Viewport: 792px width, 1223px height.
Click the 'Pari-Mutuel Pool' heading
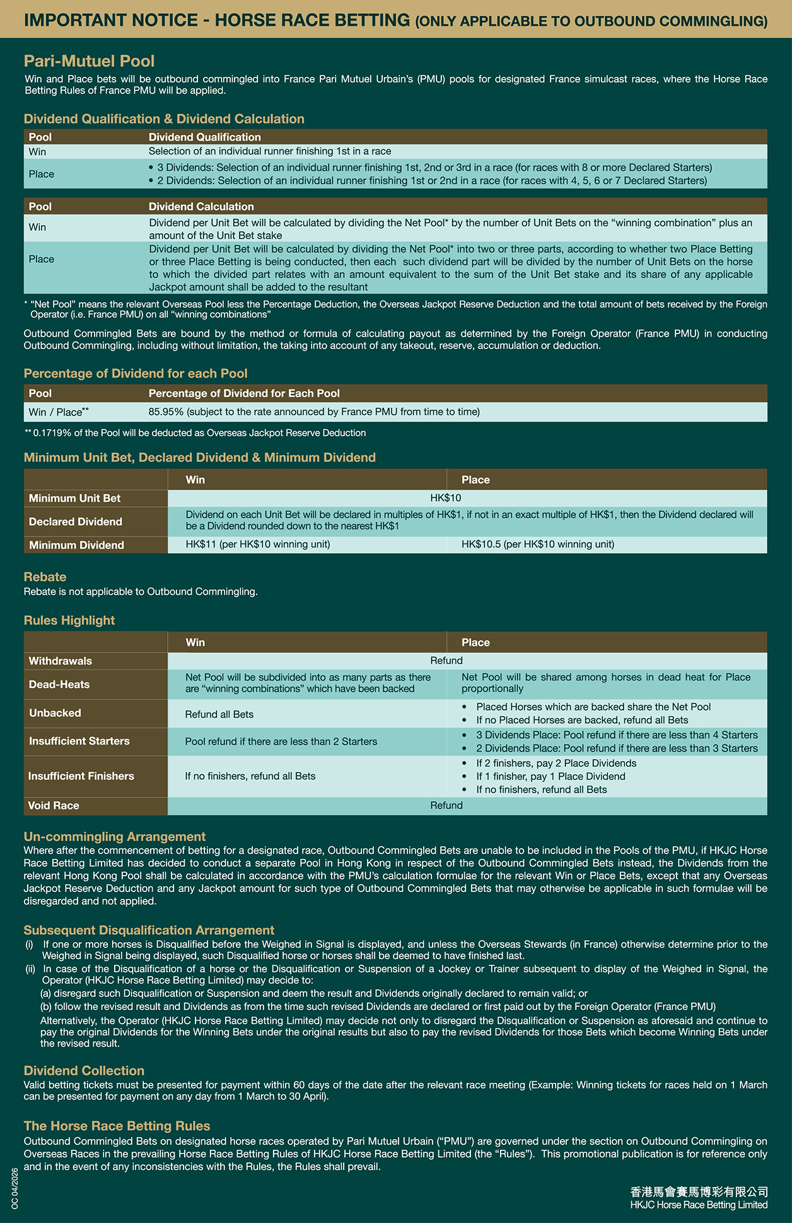tap(89, 61)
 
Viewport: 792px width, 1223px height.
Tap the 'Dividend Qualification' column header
tap(204, 137)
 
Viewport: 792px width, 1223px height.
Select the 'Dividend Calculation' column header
tap(201, 206)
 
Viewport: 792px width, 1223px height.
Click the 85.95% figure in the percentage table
tap(166, 412)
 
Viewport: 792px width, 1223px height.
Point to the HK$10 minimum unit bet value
tap(446, 498)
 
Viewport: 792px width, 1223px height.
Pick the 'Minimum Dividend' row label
tap(76, 545)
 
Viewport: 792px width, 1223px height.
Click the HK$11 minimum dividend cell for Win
tap(257, 544)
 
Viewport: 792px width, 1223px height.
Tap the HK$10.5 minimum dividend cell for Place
tap(537, 544)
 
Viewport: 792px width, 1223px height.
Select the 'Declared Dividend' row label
tap(76, 521)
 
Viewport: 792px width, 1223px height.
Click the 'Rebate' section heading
tap(45, 576)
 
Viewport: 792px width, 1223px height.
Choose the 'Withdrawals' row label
tap(61, 661)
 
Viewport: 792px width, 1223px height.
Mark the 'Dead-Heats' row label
tap(59, 684)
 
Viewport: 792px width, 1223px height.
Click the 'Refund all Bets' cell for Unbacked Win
tap(219, 714)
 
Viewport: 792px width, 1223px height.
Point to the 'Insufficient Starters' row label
tap(79, 741)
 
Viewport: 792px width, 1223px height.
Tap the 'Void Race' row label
tap(54, 805)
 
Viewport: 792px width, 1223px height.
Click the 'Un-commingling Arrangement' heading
tap(115, 836)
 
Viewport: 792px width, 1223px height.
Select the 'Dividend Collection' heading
tap(84, 1070)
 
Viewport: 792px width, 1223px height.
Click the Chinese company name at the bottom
tap(699, 1191)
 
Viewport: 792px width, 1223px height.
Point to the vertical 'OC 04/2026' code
tap(15, 1188)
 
